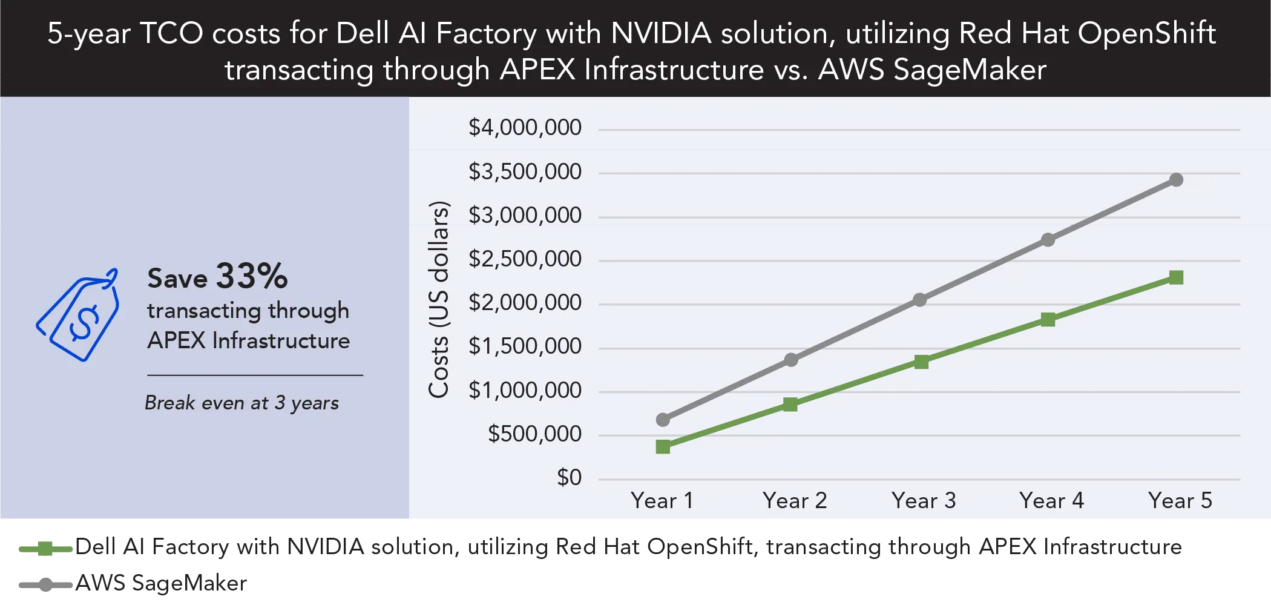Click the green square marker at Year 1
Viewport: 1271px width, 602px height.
pos(663,447)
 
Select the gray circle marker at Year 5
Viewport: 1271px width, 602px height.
pos(1176,180)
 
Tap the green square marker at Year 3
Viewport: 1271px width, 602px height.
pos(921,362)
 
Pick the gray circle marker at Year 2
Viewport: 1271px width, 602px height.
pos(791,360)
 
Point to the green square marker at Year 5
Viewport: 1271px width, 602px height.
pos(1176,277)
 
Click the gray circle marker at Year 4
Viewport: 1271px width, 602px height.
pos(1048,240)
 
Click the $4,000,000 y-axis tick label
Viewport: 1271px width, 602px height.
pos(525,128)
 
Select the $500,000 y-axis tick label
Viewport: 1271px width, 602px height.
pos(534,434)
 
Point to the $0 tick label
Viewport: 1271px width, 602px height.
pos(569,478)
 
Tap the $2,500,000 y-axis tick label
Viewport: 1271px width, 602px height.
pos(525,259)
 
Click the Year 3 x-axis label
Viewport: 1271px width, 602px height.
pos(924,501)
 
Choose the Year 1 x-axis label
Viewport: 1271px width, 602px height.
pos(662,501)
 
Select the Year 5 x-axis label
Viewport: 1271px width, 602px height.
pos(1180,501)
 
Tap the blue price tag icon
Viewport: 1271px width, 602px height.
pos(79,315)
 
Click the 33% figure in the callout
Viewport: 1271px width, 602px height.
pos(252,276)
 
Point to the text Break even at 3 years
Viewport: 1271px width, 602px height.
pos(241,403)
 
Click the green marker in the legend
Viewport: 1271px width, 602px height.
pos(44,548)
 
